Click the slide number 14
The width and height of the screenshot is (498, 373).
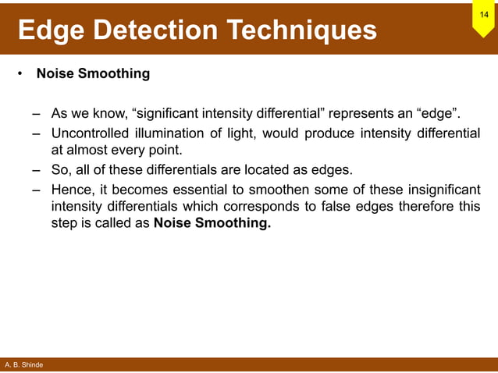coord(484,15)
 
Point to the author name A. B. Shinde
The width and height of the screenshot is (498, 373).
coord(23,365)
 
